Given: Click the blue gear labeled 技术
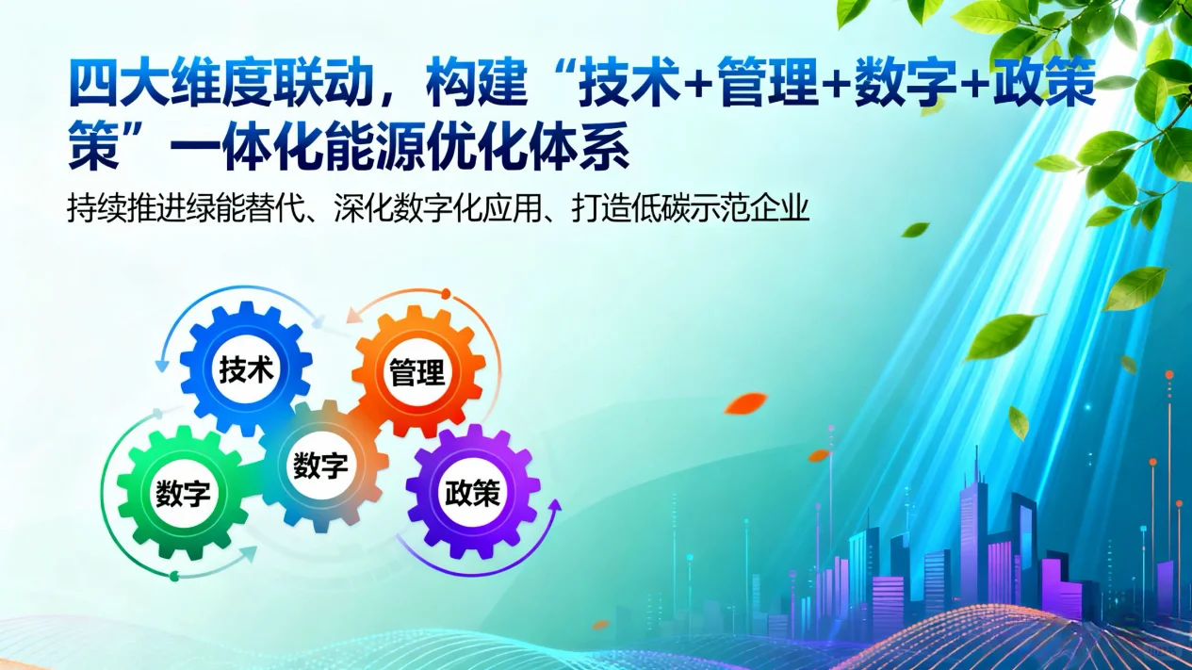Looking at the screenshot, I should (x=246, y=368).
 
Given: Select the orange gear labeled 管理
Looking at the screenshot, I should (x=417, y=371).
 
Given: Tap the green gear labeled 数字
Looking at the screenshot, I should (x=183, y=492).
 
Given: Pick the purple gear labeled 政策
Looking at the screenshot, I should (x=473, y=492).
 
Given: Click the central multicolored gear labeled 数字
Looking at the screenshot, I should (x=320, y=465).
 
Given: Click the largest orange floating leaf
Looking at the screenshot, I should (x=744, y=403).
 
